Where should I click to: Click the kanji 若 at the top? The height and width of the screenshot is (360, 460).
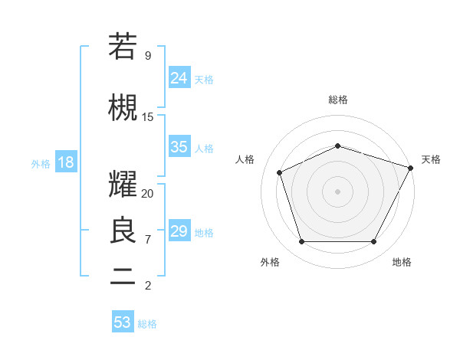pos(123,47)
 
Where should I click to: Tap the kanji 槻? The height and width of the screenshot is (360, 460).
pos(123,108)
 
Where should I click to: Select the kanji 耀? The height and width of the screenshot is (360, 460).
pos(123,185)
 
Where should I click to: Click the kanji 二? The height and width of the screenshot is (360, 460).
pos(123,277)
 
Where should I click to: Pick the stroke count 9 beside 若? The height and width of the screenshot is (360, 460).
pos(147,56)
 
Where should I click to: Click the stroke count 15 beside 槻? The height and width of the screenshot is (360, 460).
pos(147,117)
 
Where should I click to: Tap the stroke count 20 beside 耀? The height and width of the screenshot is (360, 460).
pos(147,194)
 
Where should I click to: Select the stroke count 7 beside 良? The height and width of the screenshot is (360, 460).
pos(147,240)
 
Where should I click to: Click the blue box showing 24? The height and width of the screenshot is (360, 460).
pos(179,77)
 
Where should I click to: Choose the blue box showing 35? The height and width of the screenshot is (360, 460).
pos(179,147)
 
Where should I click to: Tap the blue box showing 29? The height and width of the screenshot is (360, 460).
pos(179,231)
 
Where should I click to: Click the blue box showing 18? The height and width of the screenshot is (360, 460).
pos(65,162)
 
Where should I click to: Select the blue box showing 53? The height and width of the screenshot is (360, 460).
pos(123,322)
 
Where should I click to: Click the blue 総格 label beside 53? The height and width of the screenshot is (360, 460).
pos(147,324)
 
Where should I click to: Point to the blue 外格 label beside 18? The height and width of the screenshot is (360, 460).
pos(41,164)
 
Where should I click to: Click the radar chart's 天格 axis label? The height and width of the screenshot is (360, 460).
pos(431,159)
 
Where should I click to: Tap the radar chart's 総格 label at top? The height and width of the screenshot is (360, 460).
pos(338,100)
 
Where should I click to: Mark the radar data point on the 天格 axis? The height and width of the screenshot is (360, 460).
pos(412,168)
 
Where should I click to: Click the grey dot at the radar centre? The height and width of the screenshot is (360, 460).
pos(338,191)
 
